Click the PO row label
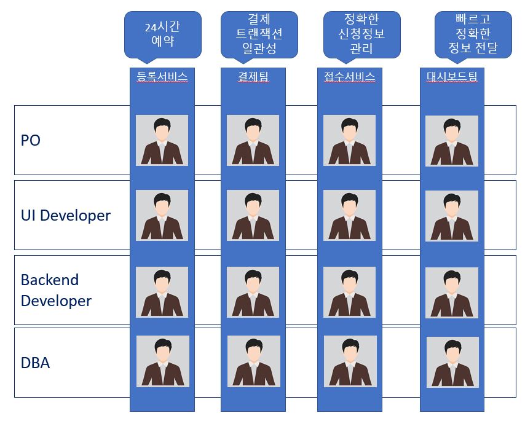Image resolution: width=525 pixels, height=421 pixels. click(x=31, y=140)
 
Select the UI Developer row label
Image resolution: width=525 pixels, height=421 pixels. click(x=66, y=216)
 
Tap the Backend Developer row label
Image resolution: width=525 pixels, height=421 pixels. click(x=56, y=290)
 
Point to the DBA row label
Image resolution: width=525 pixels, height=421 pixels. click(x=35, y=363)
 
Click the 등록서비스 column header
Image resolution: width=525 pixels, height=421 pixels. click(x=162, y=77)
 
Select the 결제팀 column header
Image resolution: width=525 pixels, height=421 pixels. click(x=253, y=77)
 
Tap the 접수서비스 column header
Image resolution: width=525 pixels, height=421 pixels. click(x=349, y=77)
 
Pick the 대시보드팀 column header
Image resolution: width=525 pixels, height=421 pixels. click(x=452, y=77)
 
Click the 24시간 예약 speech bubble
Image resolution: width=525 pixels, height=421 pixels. click(x=163, y=33)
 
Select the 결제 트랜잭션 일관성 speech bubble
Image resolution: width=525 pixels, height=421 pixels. click(x=259, y=33)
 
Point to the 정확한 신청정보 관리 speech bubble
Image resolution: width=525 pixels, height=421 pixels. click(x=361, y=33)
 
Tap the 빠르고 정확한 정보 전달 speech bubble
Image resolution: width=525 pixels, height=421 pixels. click(x=473, y=33)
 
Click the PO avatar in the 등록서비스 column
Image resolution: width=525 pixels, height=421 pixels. click(x=162, y=141)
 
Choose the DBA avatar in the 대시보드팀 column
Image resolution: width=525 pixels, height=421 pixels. click(x=452, y=363)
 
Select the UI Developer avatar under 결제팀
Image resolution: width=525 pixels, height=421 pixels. click(x=253, y=216)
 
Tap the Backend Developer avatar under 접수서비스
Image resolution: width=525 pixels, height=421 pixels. click(x=349, y=291)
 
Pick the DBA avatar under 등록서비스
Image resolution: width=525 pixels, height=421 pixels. click(x=162, y=361)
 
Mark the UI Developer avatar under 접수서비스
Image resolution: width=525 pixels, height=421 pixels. click(x=349, y=216)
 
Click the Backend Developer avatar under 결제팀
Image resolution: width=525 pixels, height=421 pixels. click(x=253, y=291)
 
